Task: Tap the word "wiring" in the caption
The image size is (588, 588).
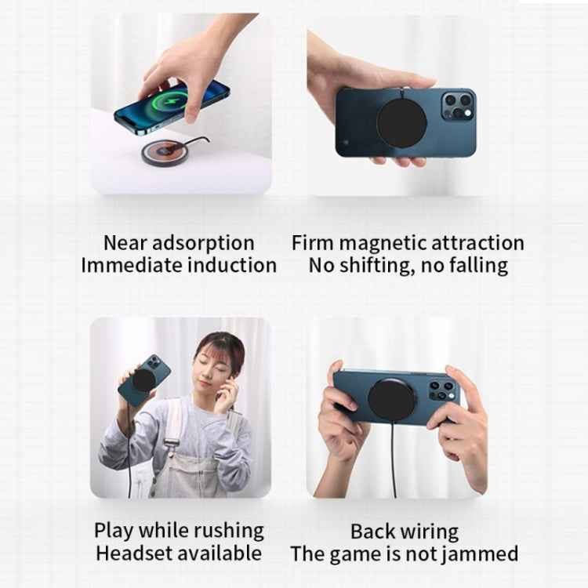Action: click(429, 531)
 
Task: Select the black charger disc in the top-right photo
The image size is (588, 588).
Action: click(401, 124)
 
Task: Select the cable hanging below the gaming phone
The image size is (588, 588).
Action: click(394, 463)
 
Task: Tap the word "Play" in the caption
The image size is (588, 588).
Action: click(113, 531)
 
